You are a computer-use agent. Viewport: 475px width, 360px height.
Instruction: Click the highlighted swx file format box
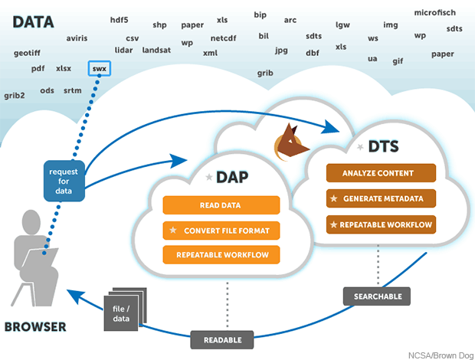100,68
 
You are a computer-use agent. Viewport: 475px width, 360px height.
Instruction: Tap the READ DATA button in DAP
220,205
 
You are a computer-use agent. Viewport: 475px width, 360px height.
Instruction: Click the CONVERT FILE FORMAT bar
220,230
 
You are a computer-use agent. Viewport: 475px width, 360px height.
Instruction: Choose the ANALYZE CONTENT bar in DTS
381,173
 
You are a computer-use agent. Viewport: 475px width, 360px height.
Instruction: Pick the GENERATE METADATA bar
381,199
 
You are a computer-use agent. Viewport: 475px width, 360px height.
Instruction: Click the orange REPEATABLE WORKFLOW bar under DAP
220,254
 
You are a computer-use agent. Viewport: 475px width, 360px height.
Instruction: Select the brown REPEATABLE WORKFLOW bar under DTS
381,225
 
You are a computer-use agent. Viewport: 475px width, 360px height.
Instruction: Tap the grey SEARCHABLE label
377,296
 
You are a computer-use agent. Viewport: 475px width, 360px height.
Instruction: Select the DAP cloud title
229,177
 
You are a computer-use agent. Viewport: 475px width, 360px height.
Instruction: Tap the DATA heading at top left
33,21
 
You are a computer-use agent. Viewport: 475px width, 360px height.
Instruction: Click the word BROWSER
35,327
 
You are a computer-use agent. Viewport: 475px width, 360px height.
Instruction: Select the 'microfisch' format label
434,13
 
